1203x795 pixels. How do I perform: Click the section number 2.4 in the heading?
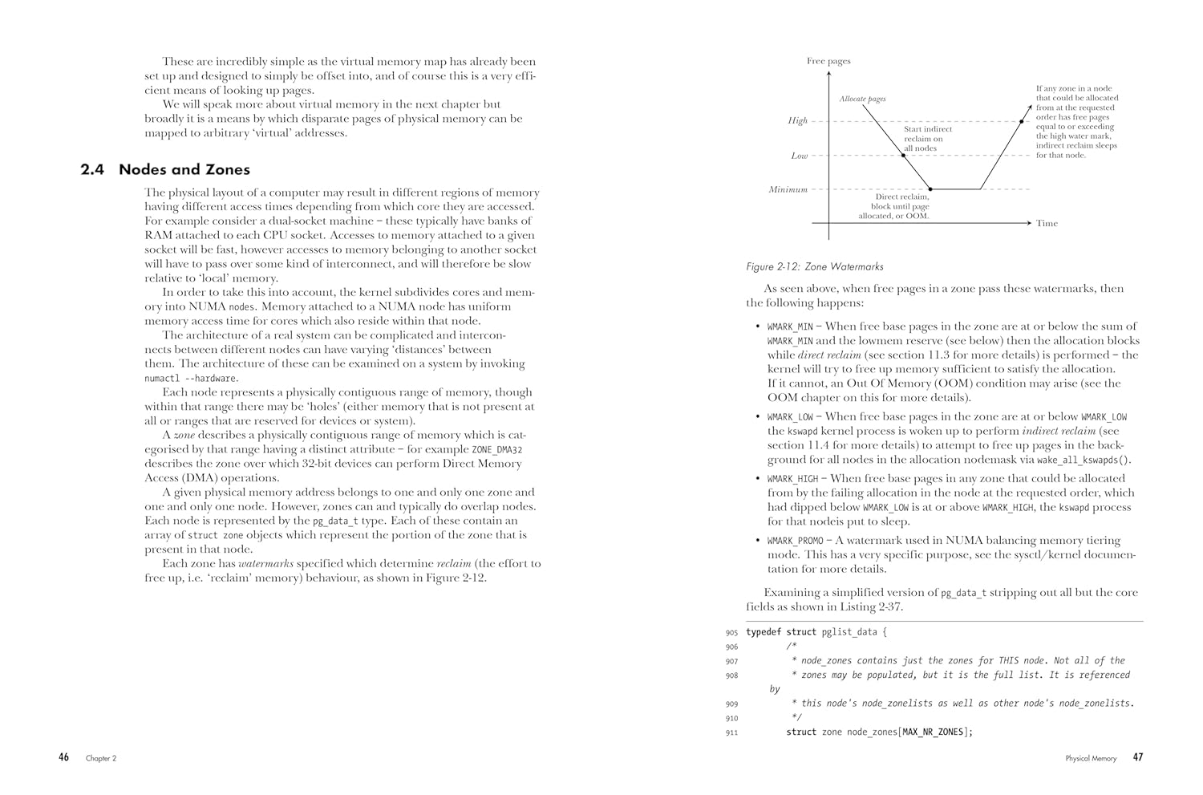(x=92, y=170)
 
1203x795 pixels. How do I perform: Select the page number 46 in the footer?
(x=64, y=757)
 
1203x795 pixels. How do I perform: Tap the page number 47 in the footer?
(x=1138, y=757)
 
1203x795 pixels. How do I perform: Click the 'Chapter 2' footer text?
(x=101, y=758)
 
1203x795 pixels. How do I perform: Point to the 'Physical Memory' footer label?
(x=1091, y=758)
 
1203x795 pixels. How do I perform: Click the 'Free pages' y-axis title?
(x=828, y=61)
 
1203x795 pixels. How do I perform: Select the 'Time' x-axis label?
(x=1047, y=224)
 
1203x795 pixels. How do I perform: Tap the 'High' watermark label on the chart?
(x=797, y=121)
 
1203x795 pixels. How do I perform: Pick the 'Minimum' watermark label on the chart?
(x=788, y=190)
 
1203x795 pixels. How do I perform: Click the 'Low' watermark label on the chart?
(x=799, y=156)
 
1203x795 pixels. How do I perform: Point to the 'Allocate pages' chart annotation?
(x=862, y=99)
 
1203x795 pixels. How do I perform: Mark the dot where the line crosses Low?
(x=904, y=155)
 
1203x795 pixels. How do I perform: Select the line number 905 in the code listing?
(x=731, y=633)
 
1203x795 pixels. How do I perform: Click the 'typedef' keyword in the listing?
(x=764, y=632)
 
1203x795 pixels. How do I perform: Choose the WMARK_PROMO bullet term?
(x=796, y=541)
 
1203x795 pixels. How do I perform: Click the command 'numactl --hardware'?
(x=190, y=379)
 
